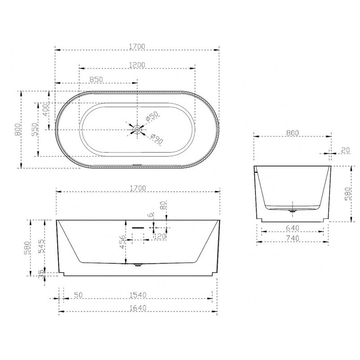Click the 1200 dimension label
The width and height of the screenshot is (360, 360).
[x=137, y=65]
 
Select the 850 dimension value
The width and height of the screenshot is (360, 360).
[x=96, y=80]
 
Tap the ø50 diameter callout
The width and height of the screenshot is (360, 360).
[x=152, y=116]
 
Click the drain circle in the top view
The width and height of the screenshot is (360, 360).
[x=137, y=130]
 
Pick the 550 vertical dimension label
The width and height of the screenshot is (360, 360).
[x=35, y=129]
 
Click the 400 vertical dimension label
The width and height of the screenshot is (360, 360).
[x=46, y=110]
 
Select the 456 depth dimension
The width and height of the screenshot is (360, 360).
[x=122, y=242]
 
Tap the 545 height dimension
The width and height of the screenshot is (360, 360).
[x=41, y=246]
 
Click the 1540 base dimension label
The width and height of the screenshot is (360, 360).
[x=138, y=295]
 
